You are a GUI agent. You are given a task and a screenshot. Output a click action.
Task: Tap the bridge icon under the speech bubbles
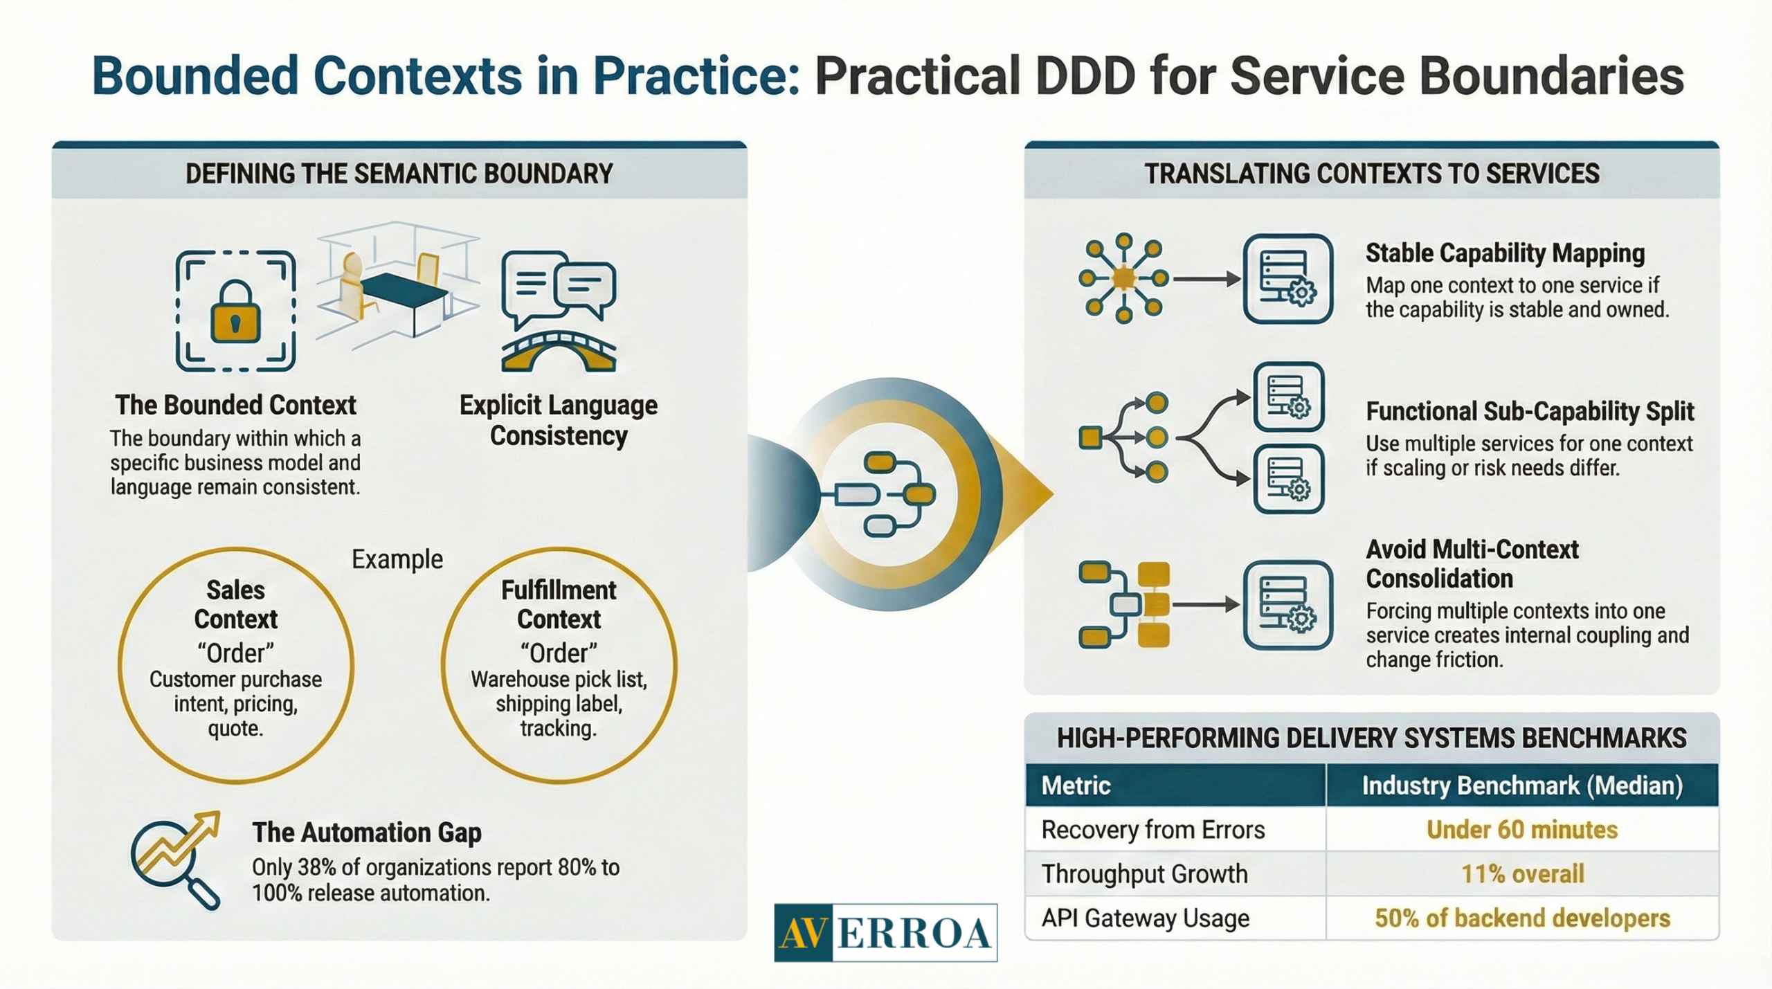pos(558,352)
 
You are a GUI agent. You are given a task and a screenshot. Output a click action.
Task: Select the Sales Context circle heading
pos(235,604)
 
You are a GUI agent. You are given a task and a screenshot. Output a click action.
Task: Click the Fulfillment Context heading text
pos(559,604)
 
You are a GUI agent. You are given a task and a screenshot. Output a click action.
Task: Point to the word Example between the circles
pos(397,559)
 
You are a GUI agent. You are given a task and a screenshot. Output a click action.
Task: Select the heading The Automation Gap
pos(366,833)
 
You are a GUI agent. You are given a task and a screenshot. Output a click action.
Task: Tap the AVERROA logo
pos(885,933)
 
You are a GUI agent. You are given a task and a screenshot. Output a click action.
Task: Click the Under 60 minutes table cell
pos(1521,830)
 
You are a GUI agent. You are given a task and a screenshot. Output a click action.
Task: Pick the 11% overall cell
pos(1521,874)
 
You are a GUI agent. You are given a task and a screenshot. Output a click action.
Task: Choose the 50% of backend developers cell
pos(1521,918)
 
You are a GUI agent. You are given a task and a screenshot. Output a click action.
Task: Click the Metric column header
pos(1076,786)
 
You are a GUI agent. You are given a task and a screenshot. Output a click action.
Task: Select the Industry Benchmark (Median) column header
pos(1521,786)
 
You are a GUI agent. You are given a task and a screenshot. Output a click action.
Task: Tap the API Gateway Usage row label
pos(1145,918)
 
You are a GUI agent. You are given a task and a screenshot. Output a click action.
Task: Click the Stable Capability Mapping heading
pos(1505,253)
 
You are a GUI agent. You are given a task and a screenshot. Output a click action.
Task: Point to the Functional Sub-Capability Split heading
pos(1530,412)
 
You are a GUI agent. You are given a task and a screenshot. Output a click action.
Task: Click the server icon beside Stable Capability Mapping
pos(1287,279)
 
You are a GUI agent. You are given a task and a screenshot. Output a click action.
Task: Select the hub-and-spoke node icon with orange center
pos(1123,279)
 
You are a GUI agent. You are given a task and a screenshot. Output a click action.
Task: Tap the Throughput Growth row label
pos(1144,874)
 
